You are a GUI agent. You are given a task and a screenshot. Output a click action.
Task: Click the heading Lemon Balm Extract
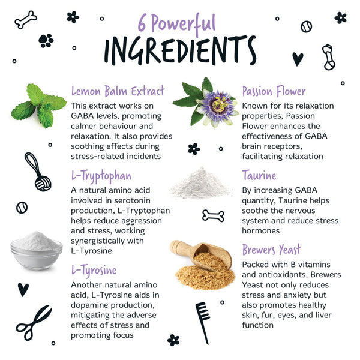click(x=118, y=91)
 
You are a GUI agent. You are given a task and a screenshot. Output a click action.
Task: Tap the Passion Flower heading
click(x=274, y=91)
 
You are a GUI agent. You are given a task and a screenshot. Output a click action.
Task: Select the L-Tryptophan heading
click(x=101, y=176)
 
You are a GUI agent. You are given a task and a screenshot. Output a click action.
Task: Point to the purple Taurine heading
click(x=259, y=176)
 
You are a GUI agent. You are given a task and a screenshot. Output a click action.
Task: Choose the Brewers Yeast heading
click(x=271, y=250)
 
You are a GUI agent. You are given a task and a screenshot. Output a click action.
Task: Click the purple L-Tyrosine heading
click(x=94, y=271)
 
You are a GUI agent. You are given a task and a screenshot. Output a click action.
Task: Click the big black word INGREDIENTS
click(x=180, y=50)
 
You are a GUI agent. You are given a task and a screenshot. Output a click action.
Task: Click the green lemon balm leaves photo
click(x=38, y=106)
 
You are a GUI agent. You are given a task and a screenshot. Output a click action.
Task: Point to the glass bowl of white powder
click(x=36, y=251)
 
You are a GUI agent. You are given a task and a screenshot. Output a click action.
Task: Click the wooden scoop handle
click(x=181, y=248)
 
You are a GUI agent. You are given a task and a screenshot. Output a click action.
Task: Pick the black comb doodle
click(x=203, y=323)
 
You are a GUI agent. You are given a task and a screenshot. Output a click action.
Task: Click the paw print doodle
click(x=46, y=41)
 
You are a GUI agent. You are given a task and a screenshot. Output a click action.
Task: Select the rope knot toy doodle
click(x=38, y=172)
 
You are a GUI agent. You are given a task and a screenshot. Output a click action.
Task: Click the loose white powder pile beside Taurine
click(x=200, y=183)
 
